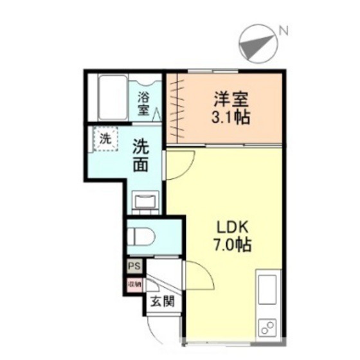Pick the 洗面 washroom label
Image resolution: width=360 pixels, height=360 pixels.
pyautogui.click(x=142, y=156)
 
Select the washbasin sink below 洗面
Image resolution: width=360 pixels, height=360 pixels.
pyautogui.click(x=144, y=201)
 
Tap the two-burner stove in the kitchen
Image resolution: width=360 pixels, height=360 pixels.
pyautogui.click(x=267, y=327)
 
